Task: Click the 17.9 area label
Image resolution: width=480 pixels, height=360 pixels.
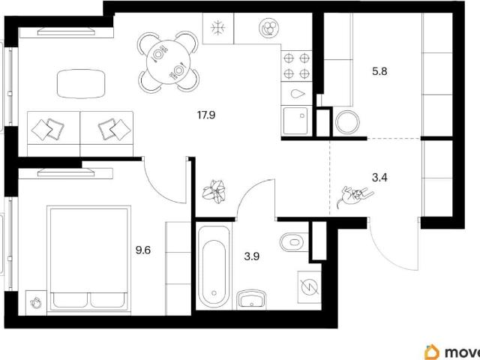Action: (x=206, y=115)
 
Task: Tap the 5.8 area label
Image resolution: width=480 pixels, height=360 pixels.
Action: (x=379, y=72)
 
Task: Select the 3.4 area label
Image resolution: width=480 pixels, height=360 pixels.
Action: (x=379, y=178)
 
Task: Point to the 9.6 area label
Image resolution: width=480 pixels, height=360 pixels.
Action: (x=143, y=250)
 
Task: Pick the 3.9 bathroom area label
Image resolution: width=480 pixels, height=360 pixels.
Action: (x=252, y=256)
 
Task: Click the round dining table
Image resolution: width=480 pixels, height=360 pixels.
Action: (x=168, y=62)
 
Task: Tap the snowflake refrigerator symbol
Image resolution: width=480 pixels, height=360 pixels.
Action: (x=218, y=28)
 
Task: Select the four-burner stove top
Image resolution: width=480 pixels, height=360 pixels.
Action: (x=296, y=66)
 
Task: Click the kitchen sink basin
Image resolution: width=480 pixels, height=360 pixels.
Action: (x=295, y=120)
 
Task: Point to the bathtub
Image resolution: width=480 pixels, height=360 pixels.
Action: (x=214, y=265)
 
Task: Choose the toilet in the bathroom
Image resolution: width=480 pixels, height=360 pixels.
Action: (x=293, y=242)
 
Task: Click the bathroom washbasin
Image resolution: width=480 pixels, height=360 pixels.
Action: (x=251, y=299)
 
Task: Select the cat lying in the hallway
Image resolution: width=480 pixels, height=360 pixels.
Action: (x=355, y=196)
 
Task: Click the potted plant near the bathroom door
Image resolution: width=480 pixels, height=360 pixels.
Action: (x=215, y=191)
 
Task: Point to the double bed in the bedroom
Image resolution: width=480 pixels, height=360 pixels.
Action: (x=88, y=259)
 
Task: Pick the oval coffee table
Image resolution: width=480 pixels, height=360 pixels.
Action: (x=81, y=84)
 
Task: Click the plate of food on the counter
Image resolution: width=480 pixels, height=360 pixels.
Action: (x=269, y=28)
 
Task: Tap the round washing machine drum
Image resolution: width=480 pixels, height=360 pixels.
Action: (x=347, y=122)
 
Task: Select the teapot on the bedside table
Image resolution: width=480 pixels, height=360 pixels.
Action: (x=36, y=303)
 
